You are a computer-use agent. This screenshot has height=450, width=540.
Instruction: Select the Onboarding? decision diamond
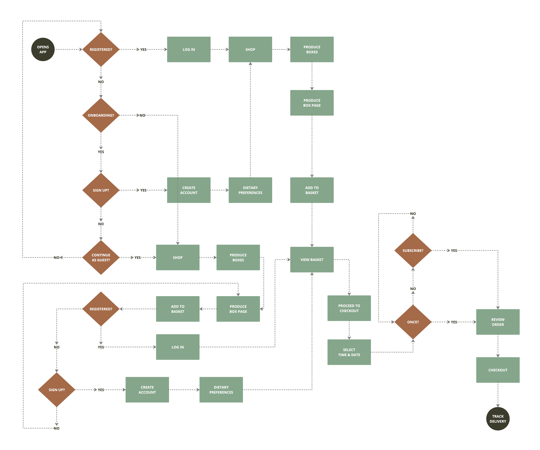click(x=101, y=115)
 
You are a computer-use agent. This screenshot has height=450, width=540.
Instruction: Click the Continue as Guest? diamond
click(x=101, y=257)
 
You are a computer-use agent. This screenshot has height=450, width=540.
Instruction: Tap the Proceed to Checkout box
click(x=349, y=308)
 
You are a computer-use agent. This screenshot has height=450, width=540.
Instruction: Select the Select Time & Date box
click(x=349, y=352)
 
